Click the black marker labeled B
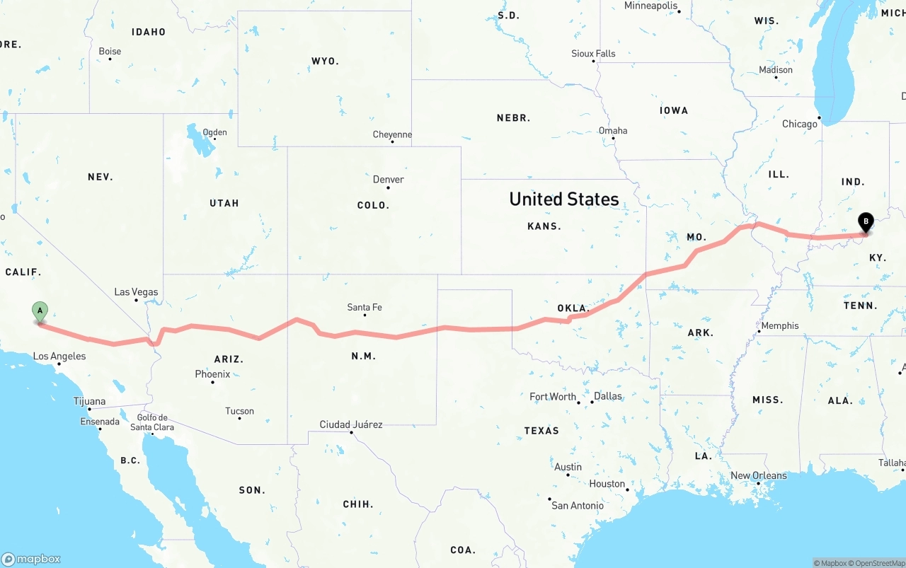pos(865,222)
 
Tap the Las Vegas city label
pos(136,292)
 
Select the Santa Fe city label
pos(365,307)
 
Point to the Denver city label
pos(389,180)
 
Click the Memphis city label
pos(780,325)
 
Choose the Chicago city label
pos(800,124)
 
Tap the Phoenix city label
pos(213,373)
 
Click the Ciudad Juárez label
pos(351,424)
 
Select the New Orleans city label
pos(759,475)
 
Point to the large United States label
pos(564,199)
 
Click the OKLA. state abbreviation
pos(573,308)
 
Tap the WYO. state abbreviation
pos(325,62)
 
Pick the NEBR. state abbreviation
pos(514,118)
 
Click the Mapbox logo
pos(31,559)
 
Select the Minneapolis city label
pos(650,6)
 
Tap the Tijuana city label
pos(89,401)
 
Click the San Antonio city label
pos(578,505)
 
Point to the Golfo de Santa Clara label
pos(152,422)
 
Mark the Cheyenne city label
pos(392,134)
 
